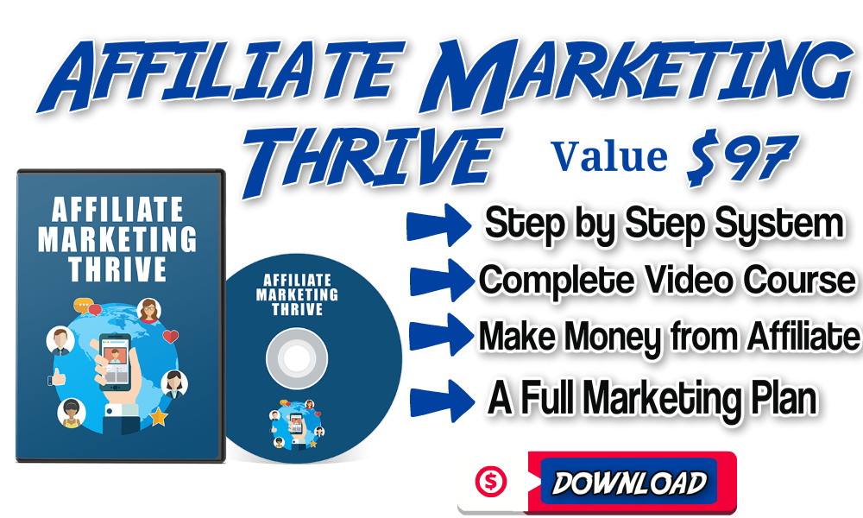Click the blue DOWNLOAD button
(629, 482)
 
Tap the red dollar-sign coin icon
(491, 482)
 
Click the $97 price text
(741, 157)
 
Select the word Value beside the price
(610, 157)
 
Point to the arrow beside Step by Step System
(438, 225)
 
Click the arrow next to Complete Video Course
(442, 281)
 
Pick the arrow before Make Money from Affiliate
(442, 335)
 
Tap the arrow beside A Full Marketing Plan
(442, 401)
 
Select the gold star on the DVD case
(159, 417)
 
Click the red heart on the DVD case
(171, 336)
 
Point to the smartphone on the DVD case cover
(115, 362)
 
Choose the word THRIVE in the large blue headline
(370, 160)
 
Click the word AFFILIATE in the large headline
(221, 74)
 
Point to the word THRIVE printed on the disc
(297, 309)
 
